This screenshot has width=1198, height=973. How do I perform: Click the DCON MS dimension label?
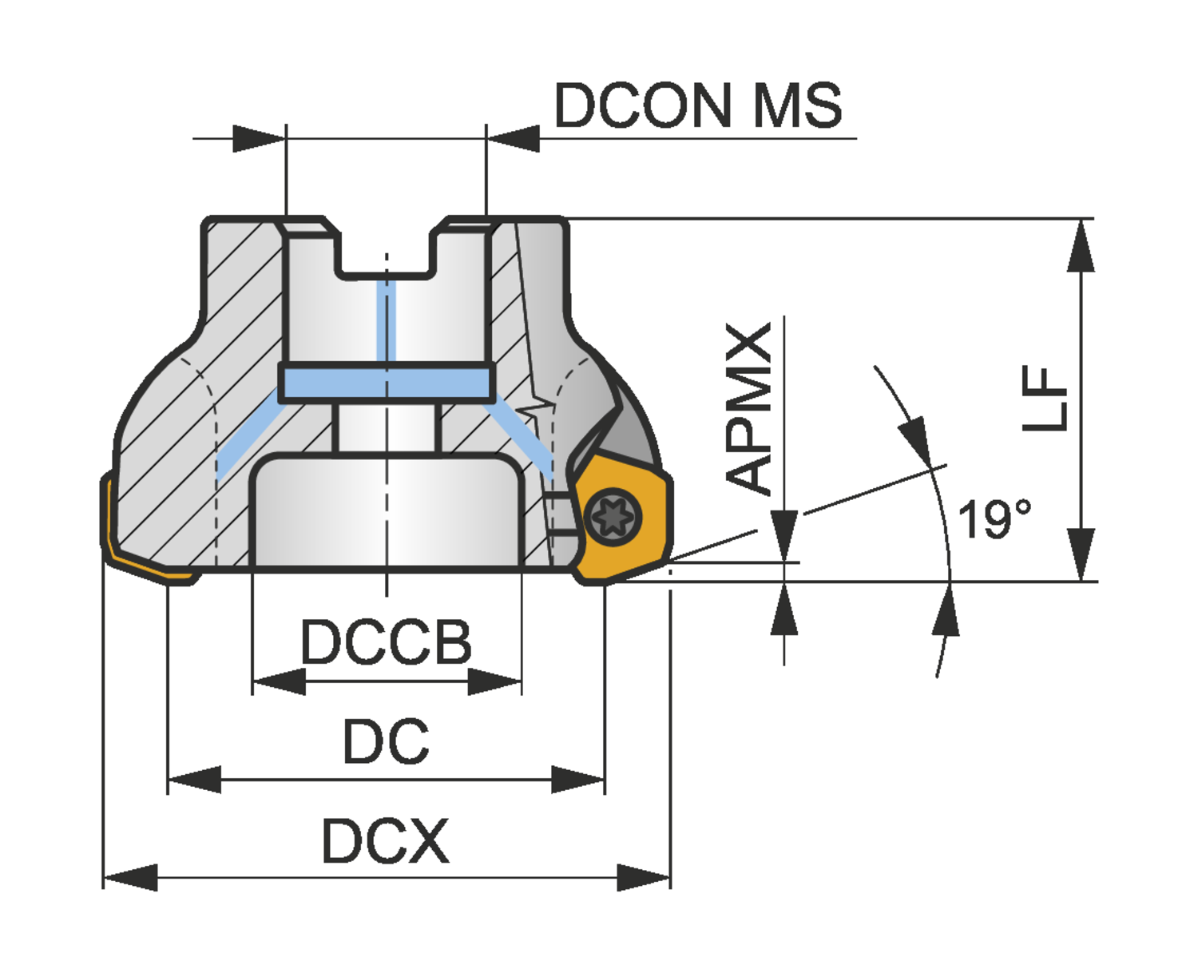tap(698, 105)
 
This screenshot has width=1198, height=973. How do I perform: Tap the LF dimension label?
tap(1045, 398)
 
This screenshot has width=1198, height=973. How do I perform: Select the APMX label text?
tap(749, 407)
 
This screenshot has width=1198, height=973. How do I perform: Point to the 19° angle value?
tap(994, 519)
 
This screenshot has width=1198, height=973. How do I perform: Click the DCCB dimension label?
tap(387, 643)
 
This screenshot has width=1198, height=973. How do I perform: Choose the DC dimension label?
tap(387, 742)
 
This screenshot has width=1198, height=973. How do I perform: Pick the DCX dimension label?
tap(386, 841)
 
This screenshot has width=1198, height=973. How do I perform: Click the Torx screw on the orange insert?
tap(613, 518)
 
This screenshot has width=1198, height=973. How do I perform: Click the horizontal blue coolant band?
tap(387, 383)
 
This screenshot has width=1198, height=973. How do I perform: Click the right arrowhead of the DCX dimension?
tap(644, 877)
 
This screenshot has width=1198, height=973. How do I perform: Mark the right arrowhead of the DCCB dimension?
tap(495, 681)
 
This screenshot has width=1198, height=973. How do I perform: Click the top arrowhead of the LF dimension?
tap(1081, 244)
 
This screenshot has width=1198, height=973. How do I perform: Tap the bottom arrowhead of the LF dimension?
tap(1081, 554)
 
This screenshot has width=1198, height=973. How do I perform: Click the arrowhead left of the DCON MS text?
tap(514, 138)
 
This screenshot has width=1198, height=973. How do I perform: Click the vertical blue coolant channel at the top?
tap(387, 320)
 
